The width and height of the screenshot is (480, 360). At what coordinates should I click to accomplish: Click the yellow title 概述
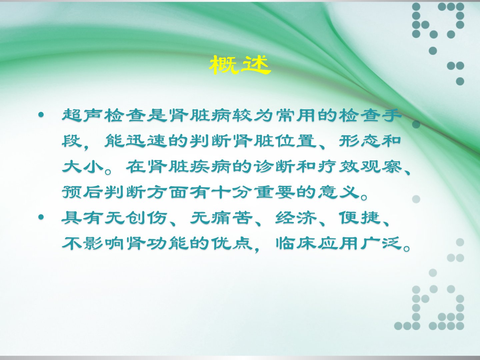(x=240, y=65)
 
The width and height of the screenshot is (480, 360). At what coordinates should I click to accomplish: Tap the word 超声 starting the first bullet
(x=83, y=115)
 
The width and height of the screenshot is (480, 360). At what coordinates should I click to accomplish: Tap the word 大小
(x=83, y=167)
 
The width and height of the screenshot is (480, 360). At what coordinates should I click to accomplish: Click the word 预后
(x=83, y=192)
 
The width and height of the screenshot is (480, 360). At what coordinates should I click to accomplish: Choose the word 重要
(x=275, y=192)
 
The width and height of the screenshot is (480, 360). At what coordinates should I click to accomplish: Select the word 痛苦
(x=232, y=218)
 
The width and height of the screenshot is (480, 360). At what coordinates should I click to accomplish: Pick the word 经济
(x=296, y=218)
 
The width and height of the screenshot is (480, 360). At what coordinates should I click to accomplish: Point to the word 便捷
(x=360, y=218)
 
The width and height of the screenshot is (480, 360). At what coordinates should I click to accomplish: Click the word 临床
(x=296, y=243)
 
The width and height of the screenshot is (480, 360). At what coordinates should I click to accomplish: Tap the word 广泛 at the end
(x=381, y=243)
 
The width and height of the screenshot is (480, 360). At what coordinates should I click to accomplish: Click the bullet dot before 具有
(x=41, y=217)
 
